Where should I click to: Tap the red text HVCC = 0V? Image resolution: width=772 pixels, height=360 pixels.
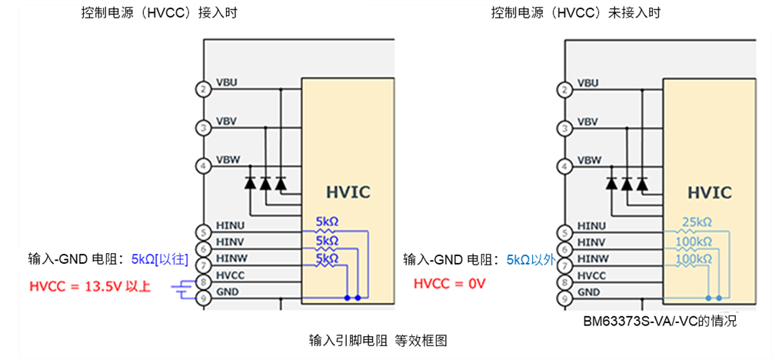450,284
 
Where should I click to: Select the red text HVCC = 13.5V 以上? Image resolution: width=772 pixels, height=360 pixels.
90,286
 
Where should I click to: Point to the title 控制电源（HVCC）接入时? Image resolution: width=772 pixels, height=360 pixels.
144,12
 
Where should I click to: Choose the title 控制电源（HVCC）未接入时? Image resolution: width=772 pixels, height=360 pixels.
576,12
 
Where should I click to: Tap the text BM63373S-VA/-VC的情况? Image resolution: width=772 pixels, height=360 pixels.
659,322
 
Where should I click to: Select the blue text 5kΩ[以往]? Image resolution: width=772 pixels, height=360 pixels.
160,258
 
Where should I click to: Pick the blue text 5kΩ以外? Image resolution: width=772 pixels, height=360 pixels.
531,259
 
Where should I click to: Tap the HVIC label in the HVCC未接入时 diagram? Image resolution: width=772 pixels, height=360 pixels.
709,192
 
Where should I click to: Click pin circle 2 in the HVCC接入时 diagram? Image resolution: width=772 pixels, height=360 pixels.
203,89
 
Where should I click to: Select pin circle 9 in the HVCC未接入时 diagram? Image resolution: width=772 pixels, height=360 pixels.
565,298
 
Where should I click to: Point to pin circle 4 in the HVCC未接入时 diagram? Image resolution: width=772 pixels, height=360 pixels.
565,165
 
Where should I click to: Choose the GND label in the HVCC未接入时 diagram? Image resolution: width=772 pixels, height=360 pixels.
587,292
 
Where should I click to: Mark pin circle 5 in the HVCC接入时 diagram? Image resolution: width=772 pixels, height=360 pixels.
203,232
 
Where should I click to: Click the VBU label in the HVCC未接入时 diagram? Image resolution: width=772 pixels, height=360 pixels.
587,83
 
